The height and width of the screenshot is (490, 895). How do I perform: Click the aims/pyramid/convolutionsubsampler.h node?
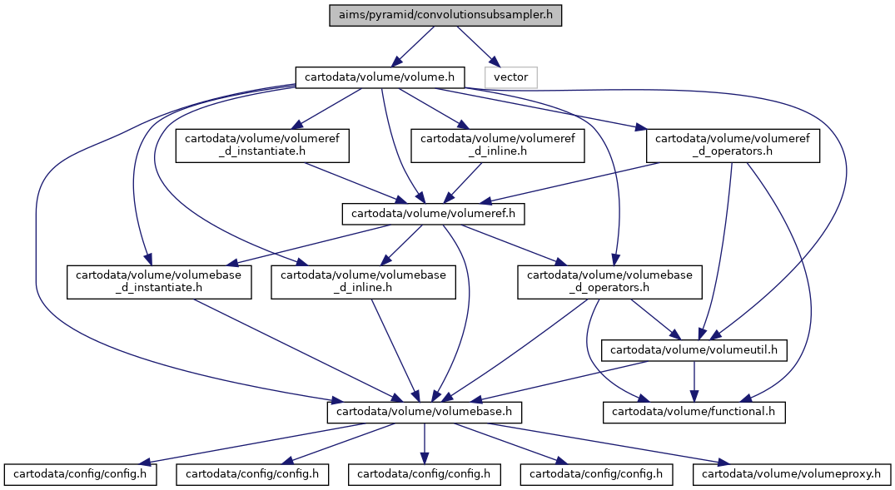tap(445, 15)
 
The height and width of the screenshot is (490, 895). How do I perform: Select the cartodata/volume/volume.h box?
tap(380, 77)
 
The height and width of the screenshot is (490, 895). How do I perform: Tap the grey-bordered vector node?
tap(510, 77)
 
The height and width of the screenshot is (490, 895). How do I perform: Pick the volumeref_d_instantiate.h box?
tap(262, 146)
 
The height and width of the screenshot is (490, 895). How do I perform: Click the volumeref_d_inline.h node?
tap(498, 146)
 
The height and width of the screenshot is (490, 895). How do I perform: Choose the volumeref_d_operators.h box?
tap(733, 146)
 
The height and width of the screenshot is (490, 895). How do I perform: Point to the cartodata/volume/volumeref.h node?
tap(433, 214)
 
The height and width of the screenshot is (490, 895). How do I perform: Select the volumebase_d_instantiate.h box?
tap(159, 282)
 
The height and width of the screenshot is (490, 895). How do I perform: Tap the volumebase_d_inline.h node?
tap(363, 282)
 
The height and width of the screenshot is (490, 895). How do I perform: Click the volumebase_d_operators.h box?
tap(609, 282)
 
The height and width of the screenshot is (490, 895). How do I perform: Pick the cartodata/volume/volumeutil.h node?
tap(694, 350)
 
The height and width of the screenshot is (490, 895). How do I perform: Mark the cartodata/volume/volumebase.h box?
tap(424, 412)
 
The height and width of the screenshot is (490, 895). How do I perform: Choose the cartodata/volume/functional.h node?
tap(694, 412)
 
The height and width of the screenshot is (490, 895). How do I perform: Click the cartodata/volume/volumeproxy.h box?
tap(791, 474)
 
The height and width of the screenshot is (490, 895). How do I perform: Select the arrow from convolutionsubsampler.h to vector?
tap(476, 47)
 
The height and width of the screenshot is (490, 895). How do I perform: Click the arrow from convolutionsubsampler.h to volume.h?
tap(415, 47)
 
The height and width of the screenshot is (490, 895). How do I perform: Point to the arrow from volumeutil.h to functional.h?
tap(694, 381)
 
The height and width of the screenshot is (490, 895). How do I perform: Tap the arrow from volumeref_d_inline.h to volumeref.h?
tap(463, 183)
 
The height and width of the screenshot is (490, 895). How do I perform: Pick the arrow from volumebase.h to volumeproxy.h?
tap(609, 443)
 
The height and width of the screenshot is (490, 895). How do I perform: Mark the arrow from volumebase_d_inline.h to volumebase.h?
tap(395, 349)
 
